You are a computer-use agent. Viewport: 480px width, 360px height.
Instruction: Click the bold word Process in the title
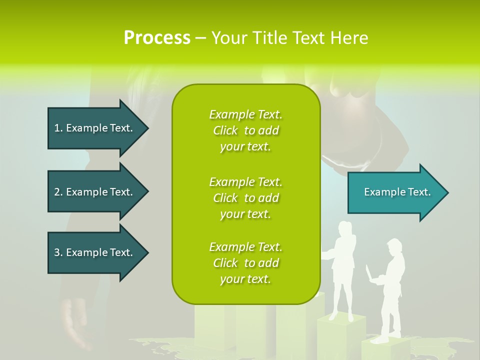157,37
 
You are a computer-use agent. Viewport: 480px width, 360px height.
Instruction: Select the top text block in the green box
245,130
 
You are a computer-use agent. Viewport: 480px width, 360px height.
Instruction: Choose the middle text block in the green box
245,198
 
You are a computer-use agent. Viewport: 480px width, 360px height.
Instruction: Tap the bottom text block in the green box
245,263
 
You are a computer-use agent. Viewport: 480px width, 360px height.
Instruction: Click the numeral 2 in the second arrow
57,192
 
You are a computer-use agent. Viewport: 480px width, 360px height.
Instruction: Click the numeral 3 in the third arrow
57,252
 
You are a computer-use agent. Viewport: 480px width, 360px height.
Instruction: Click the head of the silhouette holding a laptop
394,247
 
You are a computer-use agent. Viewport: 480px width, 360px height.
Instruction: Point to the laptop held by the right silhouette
370,274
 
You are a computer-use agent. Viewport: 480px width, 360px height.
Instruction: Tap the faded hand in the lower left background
75,320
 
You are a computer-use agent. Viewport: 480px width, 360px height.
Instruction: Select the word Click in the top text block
225,130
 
